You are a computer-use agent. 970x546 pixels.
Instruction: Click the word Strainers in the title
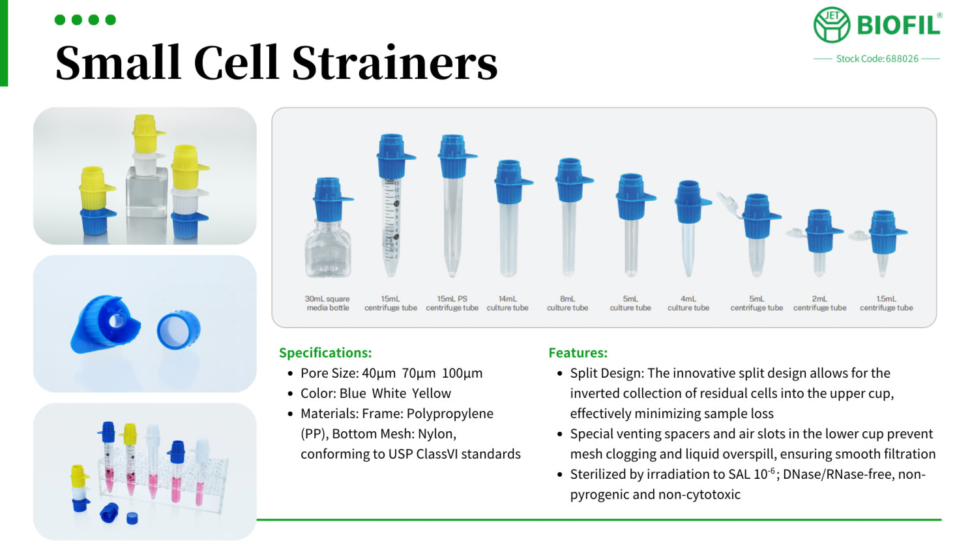pos(395,63)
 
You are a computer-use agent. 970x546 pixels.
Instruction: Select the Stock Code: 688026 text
pos(877,59)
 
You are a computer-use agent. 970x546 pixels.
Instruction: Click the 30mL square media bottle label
pos(327,303)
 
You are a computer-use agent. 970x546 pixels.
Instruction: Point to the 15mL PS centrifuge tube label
pos(452,303)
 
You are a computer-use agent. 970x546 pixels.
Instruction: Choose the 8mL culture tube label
pos(567,303)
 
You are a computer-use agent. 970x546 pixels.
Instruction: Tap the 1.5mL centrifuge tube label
pos(886,303)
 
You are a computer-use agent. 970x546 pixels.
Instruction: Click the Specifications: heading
pos(325,353)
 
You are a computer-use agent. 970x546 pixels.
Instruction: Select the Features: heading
pos(578,353)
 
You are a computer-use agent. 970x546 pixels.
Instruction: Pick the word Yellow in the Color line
pos(432,393)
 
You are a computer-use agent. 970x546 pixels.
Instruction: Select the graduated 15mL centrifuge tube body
pos(392,226)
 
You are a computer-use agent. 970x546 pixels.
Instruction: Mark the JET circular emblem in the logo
pos(831,25)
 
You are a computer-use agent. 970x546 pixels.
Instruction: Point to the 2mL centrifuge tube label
pos(819,303)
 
